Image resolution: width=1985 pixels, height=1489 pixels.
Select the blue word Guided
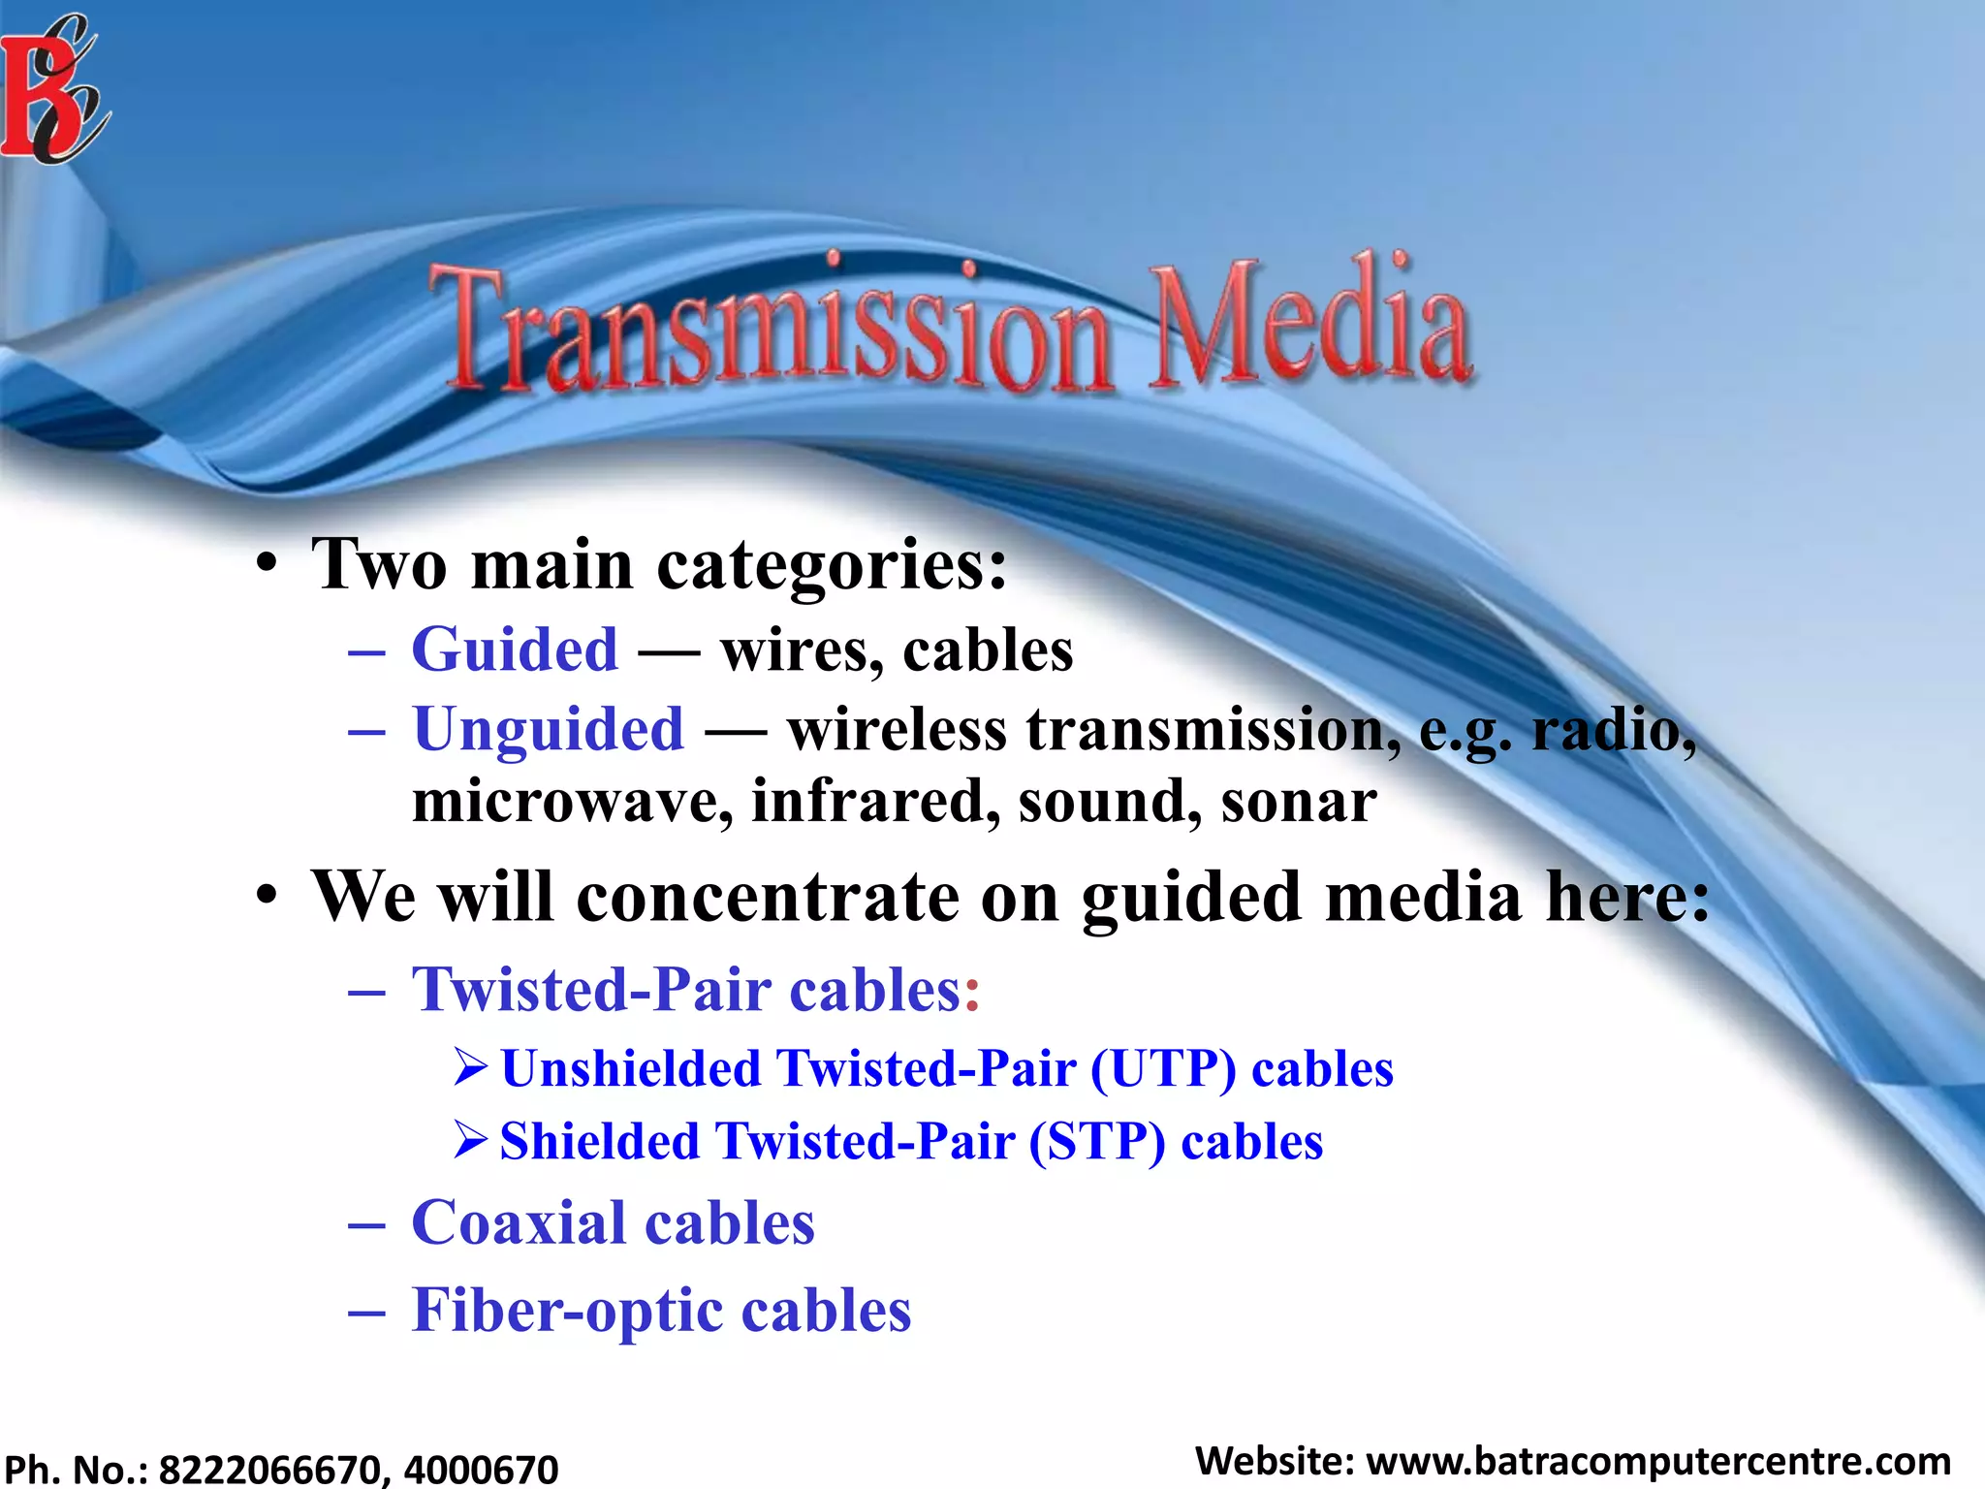pos(515,649)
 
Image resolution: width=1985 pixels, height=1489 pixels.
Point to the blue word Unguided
pos(549,728)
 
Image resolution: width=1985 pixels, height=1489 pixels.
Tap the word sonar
pos(1298,802)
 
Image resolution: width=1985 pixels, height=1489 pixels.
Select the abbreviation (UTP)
pos(1163,1068)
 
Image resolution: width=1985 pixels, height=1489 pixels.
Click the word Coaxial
pos(519,1222)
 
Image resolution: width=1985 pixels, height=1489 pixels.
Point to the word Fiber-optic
pos(567,1311)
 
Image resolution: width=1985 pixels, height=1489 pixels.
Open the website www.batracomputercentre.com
pos(1657,1461)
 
